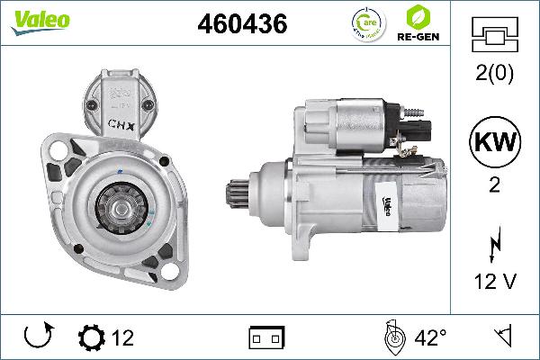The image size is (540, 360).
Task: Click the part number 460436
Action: [x=242, y=24]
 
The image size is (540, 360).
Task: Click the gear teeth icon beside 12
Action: [x=93, y=339]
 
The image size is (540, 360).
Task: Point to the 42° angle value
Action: [x=429, y=338]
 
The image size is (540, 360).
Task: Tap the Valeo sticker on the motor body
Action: [x=381, y=206]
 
